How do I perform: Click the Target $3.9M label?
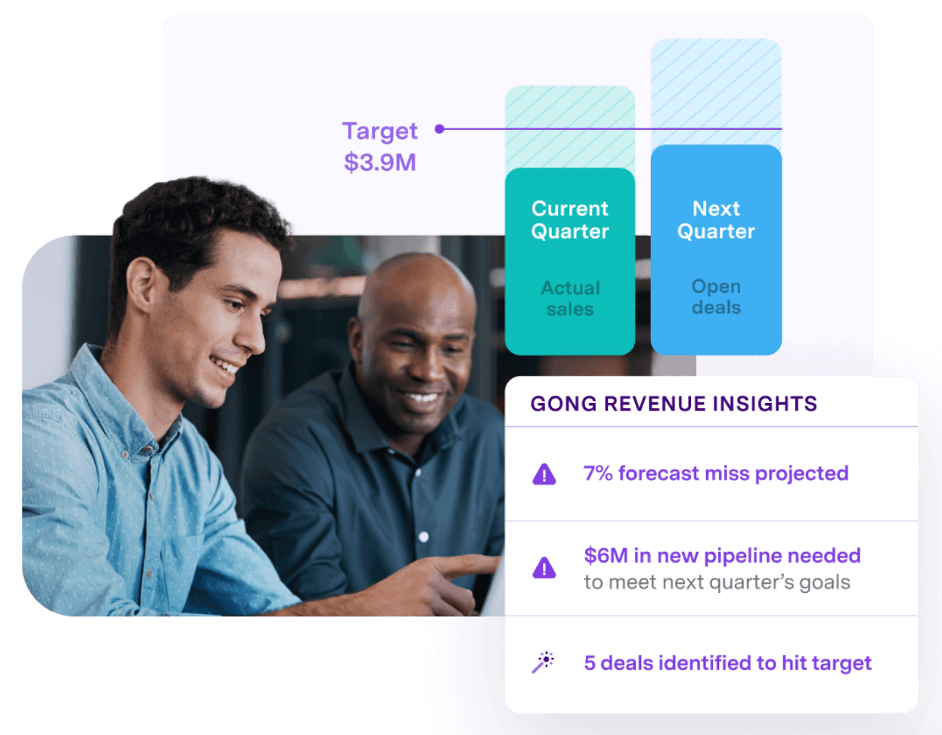380,146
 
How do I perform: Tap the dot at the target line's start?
439,129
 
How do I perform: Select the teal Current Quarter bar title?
570,220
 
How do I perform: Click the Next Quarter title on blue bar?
716,220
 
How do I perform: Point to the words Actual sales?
570,299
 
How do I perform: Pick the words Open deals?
716,297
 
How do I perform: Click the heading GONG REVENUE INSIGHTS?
674,404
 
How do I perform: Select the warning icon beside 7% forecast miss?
544,475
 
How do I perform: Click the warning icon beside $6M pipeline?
544,568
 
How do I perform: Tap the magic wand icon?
543,662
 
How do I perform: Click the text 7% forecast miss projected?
715,473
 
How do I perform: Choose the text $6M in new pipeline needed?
722,556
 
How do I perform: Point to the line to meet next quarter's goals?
717,582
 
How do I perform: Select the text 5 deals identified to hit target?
727,663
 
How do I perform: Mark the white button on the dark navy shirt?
423,537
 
